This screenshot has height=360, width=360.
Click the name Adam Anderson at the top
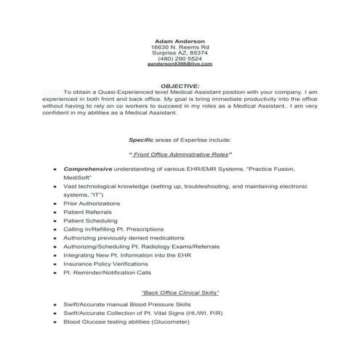pyautogui.click(x=180, y=41)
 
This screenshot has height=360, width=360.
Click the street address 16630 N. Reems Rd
pyautogui.click(x=180, y=47)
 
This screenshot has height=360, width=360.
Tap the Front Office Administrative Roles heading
pyautogui.click(x=180, y=154)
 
